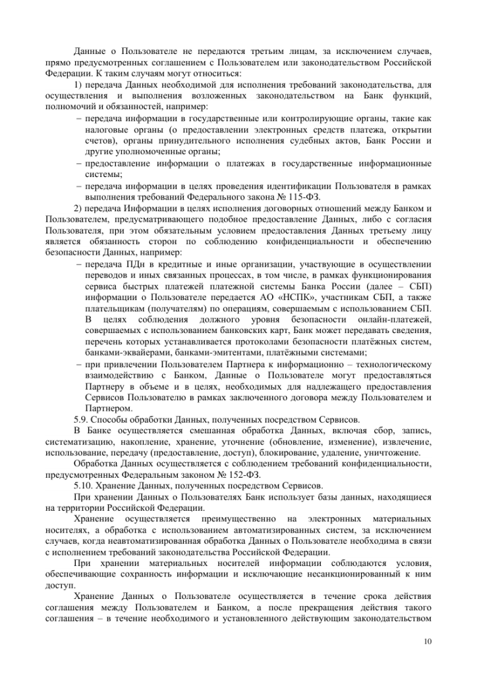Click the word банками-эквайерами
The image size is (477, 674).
[x=124, y=352]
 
